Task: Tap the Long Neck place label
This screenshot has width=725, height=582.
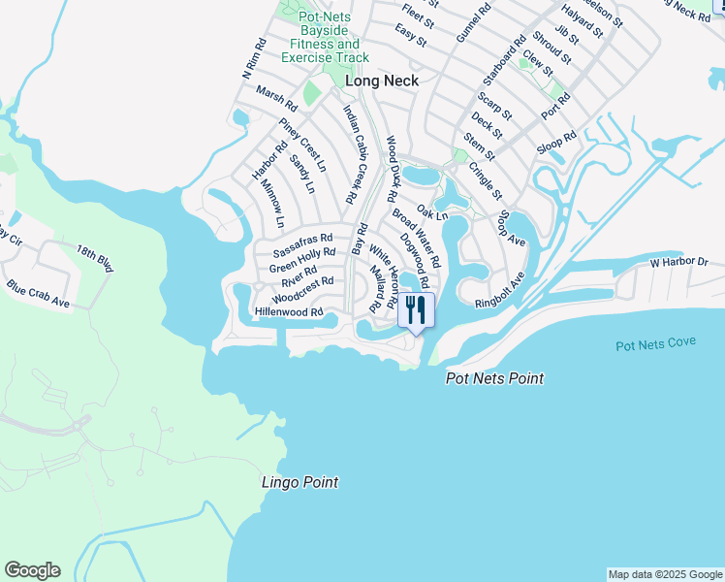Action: click(x=382, y=81)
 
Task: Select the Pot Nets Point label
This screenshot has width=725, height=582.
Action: click(x=494, y=378)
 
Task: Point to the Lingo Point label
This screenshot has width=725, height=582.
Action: click(x=300, y=482)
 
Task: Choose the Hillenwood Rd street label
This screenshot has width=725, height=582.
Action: click(x=288, y=312)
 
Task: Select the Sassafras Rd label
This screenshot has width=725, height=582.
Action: click(x=302, y=237)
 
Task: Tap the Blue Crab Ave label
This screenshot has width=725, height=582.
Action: click(x=38, y=296)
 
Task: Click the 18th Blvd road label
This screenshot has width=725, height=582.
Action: click(x=96, y=259)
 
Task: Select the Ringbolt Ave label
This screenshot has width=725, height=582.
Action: click(x=500, y=290)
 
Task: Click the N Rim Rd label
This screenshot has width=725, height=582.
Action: click(x=254, y=60)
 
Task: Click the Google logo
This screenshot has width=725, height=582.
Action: click(x=32, y=570)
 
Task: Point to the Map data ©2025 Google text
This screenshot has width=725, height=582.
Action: click(x=664, y=574)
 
